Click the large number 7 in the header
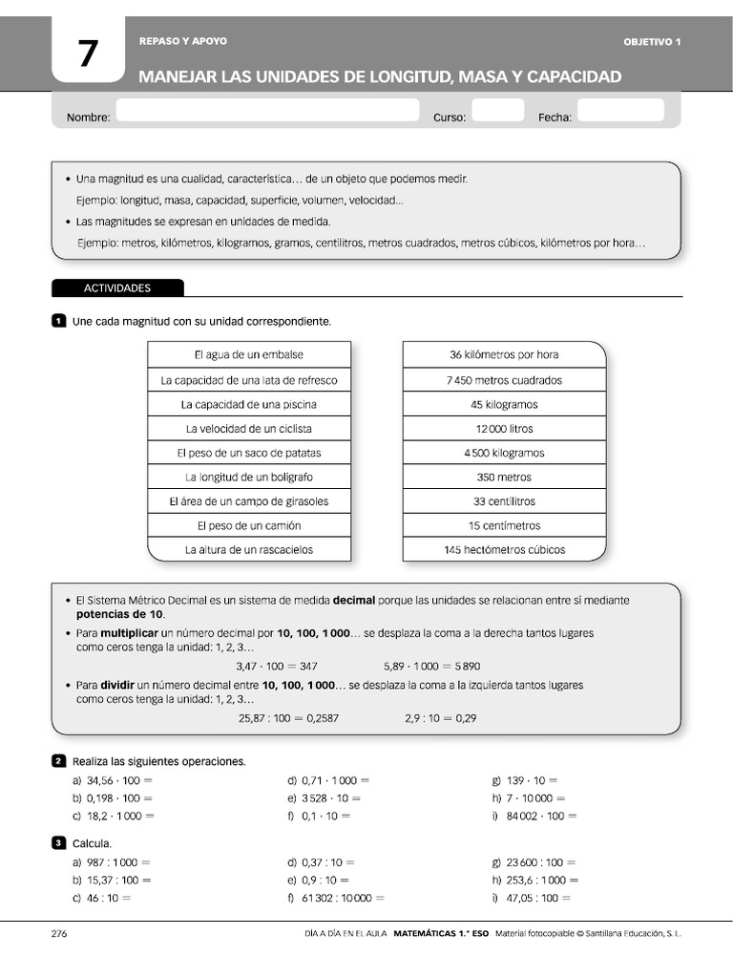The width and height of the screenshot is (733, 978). pyautogui.click(x=88, y=55)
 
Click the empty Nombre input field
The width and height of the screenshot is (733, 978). pyautogui.click(x=267, y=111)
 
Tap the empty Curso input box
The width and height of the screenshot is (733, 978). pyautogui.click(x=497, y=111)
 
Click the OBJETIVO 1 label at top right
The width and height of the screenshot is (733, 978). pyautogui.click(x=652, y=42)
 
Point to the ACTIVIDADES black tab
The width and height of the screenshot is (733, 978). pyautogui.click(x=117, y=287)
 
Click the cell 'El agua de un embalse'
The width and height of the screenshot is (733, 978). pyautogui.click(x=249, y=354)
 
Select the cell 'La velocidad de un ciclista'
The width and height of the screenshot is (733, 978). pyautogui.click(x=249, y=429)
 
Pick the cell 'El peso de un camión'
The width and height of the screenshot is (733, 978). pyautogui.click(x=249, y=525)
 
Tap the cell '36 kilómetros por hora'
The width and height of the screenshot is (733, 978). pyautogui.click(x=504, y=354)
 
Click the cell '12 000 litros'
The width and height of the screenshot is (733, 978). pyautogui.click(x=504, y=429)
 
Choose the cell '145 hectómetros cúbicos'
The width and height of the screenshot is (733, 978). pyautogui.click(x=504, y=550)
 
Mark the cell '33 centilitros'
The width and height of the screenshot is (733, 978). pyautogui.click(x=504, y=501)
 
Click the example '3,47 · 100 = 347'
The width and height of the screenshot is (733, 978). pyautogui.click(x=277, y=666)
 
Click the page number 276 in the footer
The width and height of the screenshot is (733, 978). pyautogui.click(x=59, y=934)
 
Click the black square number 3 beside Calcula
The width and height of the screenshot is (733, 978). pyautogui.click(x=58, y=843)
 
